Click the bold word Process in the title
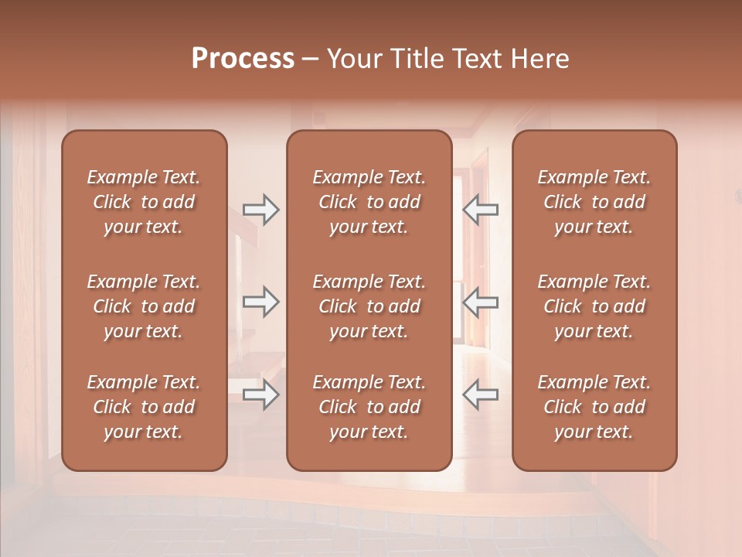coord(243,59)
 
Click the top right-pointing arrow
coord(260,210)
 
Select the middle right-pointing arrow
coord(260,302)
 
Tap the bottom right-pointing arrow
coord(260,395)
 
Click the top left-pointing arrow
coord(480,210)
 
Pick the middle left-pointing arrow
coord(480,302)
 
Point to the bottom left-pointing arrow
coord(480,395)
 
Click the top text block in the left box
coord(144,202)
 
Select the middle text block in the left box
coord(144,306)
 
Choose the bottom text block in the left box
coord(144,407)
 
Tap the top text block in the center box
coord(369,202)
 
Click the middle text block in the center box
coord(369,306)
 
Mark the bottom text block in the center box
coord(369,407)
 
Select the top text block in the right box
coord(594,202)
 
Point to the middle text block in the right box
coord(594,306)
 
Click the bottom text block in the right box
coord(594,407)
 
